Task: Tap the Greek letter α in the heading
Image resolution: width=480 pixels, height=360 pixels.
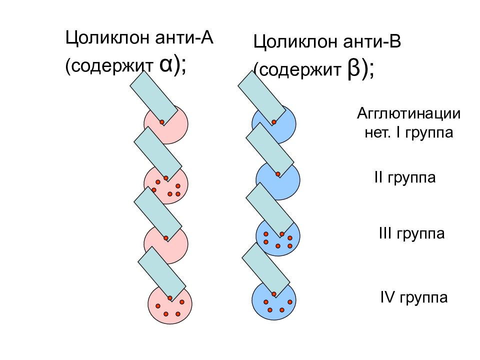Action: click(166, 64)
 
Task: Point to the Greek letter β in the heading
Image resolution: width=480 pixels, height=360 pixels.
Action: click(353, 69)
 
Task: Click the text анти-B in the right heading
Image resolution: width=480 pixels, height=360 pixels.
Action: click(371, 41)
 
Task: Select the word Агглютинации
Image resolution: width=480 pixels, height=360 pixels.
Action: click(408, 113)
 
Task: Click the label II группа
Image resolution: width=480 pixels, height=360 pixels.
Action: click(404, 177)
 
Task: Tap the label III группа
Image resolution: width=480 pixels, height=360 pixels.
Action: click(411, 233)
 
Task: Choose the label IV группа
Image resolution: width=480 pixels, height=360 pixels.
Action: click(414, 297)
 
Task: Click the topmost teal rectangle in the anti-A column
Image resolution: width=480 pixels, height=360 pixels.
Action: click(153, 98)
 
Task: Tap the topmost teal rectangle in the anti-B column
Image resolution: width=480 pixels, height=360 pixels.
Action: click(261, 98)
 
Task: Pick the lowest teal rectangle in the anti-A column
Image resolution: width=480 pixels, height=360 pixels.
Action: click(161, 274)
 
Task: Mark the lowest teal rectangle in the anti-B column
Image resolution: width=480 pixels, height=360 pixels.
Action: click(265, 270)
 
